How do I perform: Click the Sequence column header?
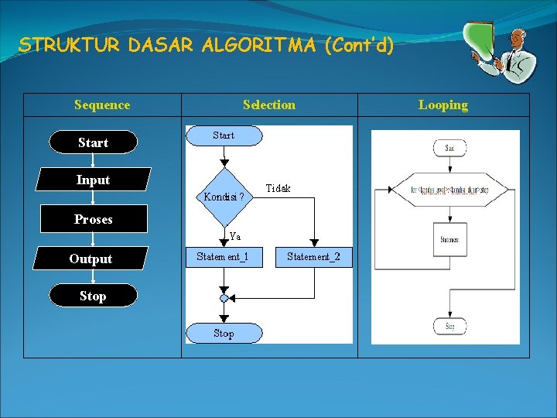click(102, 105)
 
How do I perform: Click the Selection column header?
click(268, 105)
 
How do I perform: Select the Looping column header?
click(443, 105)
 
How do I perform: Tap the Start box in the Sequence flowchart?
click(93, 142)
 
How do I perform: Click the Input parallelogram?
click(93, 180)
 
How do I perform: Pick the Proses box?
click(93, 219)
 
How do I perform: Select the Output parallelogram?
click(91, 259)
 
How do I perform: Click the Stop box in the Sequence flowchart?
click(93, 296)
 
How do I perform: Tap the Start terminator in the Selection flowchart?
click(224, 135)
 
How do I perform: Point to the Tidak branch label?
click(278, 189)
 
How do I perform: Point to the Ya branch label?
click(234, 236)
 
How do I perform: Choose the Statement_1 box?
click(223, 257)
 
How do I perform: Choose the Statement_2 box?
click(313, 257)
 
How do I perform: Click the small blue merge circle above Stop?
click(224, 298)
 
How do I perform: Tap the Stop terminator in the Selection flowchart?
click(224, 333)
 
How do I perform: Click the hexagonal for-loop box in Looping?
click(450, 190)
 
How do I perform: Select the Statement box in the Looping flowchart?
click(450, 240)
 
